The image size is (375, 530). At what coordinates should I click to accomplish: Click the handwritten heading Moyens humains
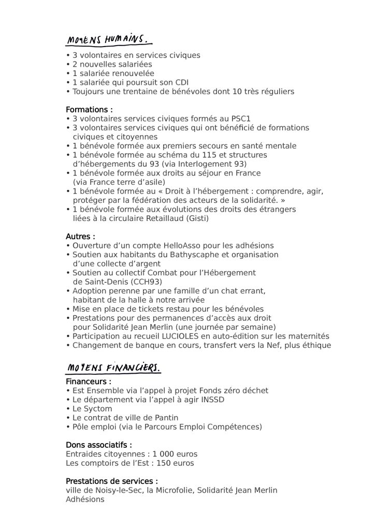pyautogui.click(x=109, y=40)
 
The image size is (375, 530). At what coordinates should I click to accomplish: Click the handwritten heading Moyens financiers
pyautogui.click(x=113, y=368)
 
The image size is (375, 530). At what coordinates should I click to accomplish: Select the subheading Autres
pyautogui.click(x=80, y=237)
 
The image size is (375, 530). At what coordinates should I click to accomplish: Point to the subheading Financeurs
pyautogui.click(x=89, y=381)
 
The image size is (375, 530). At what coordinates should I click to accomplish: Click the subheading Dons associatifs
pyautogui.click(x=99, y=445)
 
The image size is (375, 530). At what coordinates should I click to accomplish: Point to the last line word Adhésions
pyautogui.click(x=85, y=499)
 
